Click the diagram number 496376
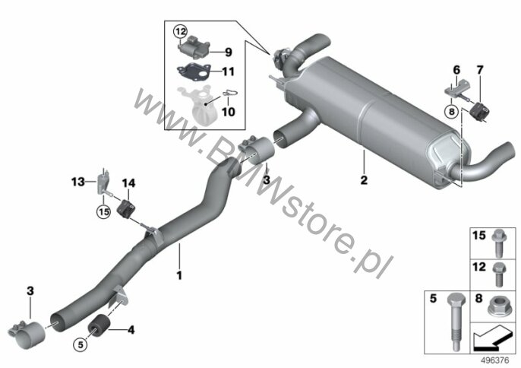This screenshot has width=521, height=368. coord(495,360)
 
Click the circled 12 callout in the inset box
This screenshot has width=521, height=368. coord(180,32)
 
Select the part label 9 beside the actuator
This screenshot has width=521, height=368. coord(229,52)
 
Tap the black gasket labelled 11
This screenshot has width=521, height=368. coord(194,71)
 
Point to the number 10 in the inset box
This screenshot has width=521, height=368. coord(229,112)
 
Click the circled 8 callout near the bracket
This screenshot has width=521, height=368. coord(451,111)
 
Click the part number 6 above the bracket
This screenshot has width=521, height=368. coord(457,70)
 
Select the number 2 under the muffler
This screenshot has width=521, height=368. coord(365,180)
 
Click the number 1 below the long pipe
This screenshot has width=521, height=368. coord(179,275)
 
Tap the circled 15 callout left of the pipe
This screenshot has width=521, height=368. coord(103,211)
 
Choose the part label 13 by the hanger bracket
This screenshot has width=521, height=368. coord(77,182)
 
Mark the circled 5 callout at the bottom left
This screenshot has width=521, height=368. coord(81,344)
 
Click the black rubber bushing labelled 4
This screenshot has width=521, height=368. coord(99,325)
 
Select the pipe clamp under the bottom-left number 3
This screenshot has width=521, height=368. coord(27,334)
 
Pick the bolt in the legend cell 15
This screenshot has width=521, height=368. coord(497,243)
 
